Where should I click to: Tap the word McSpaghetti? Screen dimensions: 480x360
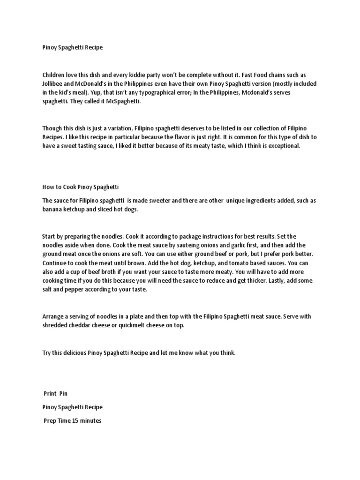123,102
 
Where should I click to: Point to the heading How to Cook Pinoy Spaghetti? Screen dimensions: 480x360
80,187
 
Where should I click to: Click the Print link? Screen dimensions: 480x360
51,393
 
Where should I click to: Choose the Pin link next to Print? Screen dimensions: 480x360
64,393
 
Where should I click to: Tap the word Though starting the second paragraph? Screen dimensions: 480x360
52,128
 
